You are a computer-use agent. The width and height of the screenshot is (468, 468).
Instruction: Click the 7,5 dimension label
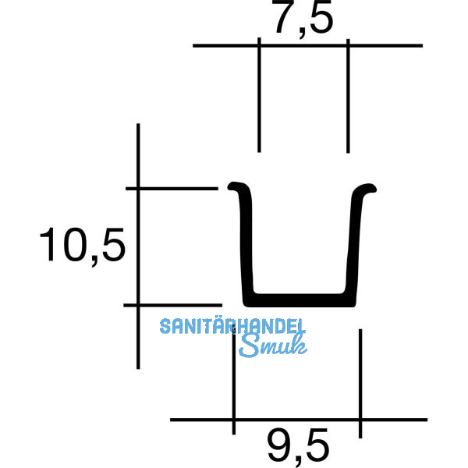coord(303,20)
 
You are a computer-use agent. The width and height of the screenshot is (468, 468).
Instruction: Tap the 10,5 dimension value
coord(82,247)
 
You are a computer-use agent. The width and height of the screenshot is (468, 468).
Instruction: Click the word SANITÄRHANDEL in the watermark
coord(232,326)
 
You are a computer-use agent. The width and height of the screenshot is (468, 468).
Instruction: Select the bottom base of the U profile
coord(300,300)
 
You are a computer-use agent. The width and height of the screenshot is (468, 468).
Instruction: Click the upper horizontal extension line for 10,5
coord(172,188)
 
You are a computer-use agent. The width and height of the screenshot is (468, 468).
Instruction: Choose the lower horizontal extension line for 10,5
coord(172,305)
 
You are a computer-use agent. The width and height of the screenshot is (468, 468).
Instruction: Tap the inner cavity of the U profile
coord(301,250)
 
